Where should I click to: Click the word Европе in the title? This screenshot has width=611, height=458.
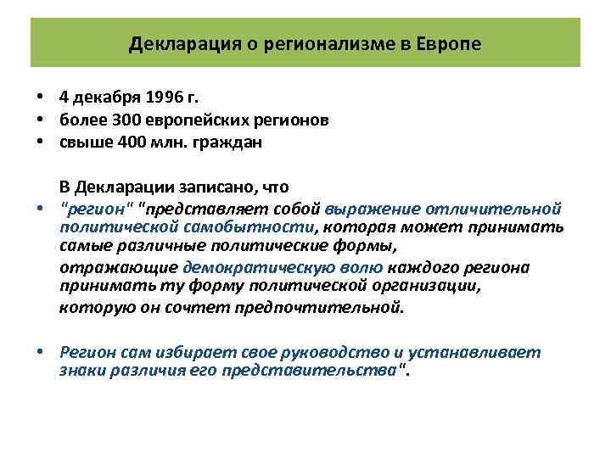[x=448, y=43]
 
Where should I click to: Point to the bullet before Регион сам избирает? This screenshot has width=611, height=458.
[x=39, y=352]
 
